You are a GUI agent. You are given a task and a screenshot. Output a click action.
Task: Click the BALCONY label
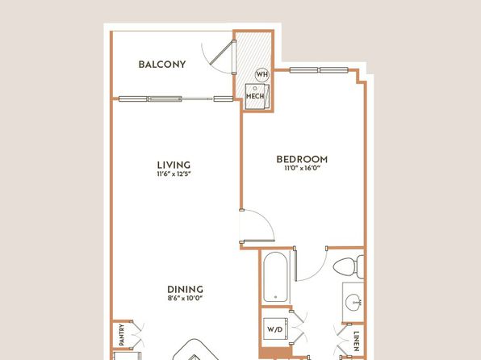162,65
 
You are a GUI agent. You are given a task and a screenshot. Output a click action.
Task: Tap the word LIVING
174,165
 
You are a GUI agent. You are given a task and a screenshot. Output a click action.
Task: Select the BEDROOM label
302,159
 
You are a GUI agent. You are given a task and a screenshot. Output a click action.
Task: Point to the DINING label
185,290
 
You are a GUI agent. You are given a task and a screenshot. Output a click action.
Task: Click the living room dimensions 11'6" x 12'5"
174,174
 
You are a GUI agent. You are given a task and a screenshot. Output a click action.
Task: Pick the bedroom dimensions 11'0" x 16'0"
303,168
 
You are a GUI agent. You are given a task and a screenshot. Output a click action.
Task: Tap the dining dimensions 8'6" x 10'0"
186,298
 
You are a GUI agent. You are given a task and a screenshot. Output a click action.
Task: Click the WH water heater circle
262,74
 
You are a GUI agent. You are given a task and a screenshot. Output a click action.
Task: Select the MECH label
255,96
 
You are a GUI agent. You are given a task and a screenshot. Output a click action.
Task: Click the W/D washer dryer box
275,329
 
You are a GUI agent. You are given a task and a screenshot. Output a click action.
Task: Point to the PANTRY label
122,335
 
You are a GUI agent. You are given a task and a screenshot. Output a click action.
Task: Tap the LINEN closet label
356,341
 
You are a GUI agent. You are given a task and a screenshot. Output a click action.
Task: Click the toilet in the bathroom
349,267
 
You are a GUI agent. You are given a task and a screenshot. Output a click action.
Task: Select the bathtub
275,277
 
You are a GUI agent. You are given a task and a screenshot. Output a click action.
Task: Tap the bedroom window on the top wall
319,70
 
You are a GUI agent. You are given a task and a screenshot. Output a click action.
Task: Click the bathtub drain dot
275,297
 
